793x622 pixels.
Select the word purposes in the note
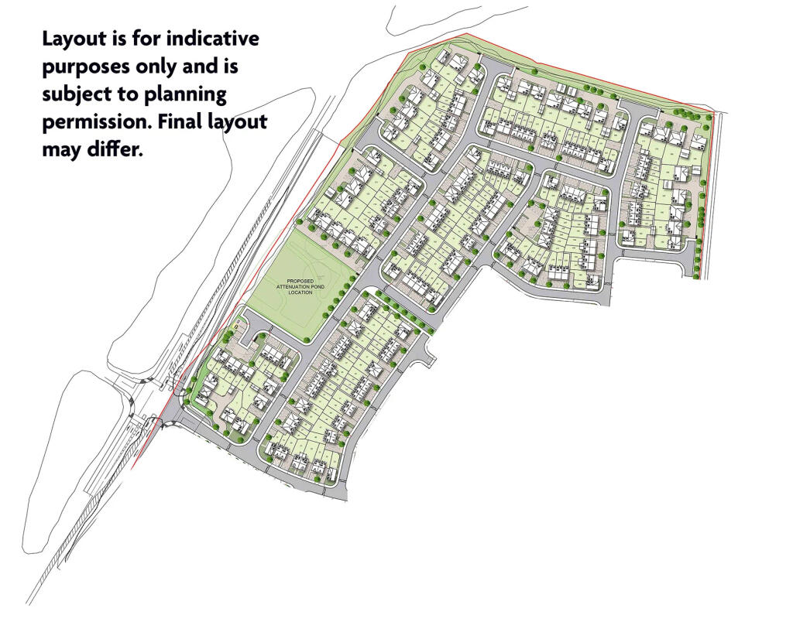(x=87, y=67)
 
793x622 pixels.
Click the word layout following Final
(x=239, y=122)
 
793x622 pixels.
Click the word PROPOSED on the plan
(x=299, y=282)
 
